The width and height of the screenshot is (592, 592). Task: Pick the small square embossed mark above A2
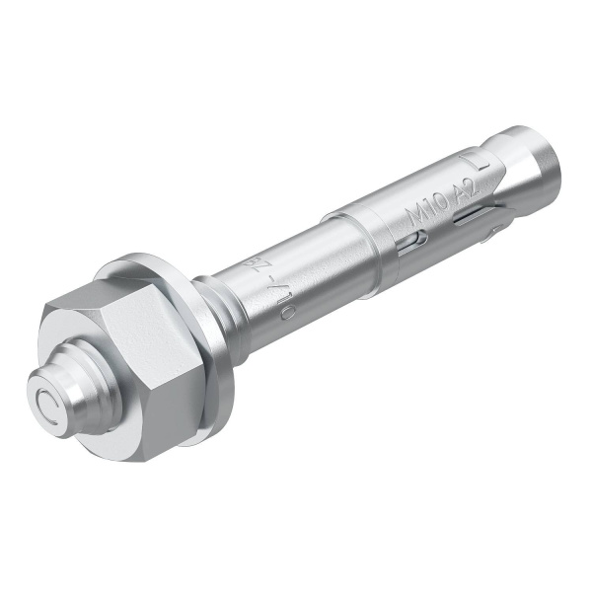(483, 158)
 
